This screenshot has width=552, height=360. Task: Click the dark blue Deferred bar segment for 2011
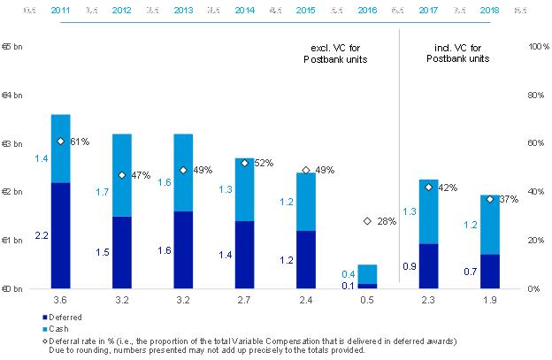[x=60, y=234]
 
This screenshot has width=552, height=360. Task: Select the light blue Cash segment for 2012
[x=121, y=175]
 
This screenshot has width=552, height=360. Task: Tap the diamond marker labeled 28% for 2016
[x=367, y=221]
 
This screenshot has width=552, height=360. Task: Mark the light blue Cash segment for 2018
[x=489, y=225]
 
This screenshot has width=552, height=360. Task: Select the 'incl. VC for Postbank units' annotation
[x=457, y=52]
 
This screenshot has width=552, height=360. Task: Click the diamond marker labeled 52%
[x=244, y=163]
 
